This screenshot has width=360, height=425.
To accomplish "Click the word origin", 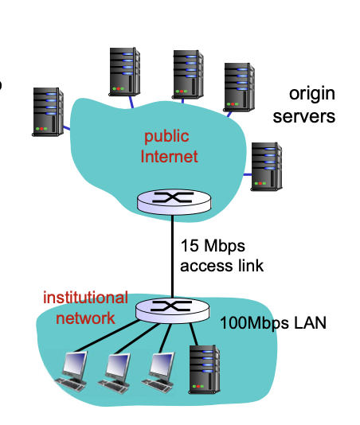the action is (x=312, y=95).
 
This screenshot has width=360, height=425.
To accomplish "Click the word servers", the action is (x=303, y=116).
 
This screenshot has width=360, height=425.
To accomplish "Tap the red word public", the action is (x=166, y=137).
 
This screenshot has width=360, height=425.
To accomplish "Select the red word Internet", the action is (x=170, y=157).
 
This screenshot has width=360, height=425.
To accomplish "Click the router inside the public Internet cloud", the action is (x=174, y=201).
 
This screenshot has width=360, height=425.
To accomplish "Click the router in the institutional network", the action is (x=172, y=310).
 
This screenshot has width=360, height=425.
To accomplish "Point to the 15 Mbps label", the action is (x=213, y=246).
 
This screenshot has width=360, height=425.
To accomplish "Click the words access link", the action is (x=222, y=266).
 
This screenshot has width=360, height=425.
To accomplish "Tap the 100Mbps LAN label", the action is (x=273, y=323).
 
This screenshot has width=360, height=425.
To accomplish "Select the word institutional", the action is (x=85, y=298).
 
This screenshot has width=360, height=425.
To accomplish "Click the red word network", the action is (x=85, y=318).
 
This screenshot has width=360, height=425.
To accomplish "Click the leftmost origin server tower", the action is (x=48, y=111).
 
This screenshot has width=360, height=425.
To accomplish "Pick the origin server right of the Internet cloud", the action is (x=266, y=166).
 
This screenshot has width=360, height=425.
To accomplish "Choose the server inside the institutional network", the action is (x=204, y=369).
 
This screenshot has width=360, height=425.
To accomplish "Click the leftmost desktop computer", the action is (x=72, y=371).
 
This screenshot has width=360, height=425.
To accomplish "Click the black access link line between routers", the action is (x=172, y=255).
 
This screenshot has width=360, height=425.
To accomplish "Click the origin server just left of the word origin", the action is (x=239, y=88).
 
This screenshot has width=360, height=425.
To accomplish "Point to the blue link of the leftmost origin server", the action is (x=67, y=127).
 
